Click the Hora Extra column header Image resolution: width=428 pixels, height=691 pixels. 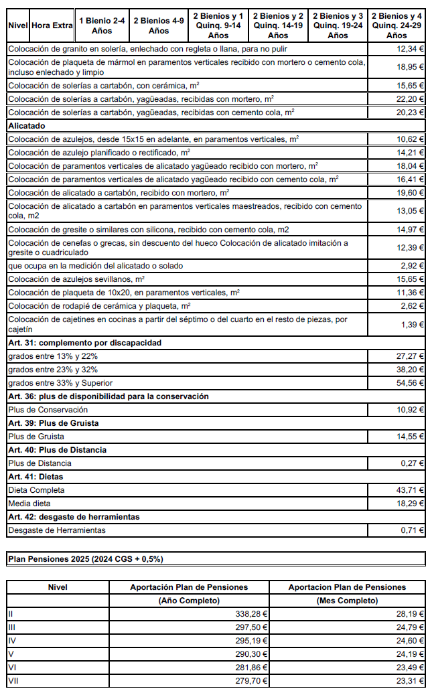tap(52, 25)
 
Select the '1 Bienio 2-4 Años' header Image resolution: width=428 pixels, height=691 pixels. tap(102, 25)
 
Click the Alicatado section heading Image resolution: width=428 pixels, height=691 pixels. tap(26, 125)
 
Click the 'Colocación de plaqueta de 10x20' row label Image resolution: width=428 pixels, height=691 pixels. tap(124, 293)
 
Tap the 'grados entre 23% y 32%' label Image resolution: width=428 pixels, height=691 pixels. tap(53, 370)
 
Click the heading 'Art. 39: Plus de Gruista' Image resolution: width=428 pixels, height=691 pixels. tap(54, 423)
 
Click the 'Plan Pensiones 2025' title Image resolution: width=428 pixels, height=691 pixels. tap(85, 558)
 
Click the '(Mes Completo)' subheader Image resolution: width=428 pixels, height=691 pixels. tap(347, 601)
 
